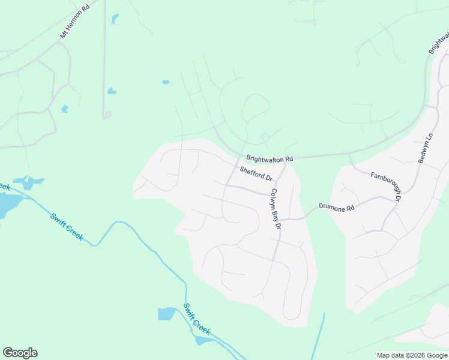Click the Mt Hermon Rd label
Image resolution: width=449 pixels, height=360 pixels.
74,23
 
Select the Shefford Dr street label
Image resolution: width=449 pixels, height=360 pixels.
256,174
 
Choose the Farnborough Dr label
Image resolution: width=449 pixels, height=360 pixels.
385,185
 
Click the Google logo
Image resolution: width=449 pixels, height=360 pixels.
20,353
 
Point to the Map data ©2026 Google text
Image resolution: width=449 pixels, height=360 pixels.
411,355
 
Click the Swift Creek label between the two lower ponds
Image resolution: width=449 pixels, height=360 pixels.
197,320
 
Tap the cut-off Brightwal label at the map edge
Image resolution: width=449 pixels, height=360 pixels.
439,42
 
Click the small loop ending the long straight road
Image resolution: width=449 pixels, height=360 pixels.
107,115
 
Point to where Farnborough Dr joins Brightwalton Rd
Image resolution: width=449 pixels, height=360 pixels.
349,155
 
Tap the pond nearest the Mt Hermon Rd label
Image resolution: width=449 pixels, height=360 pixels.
115,19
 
